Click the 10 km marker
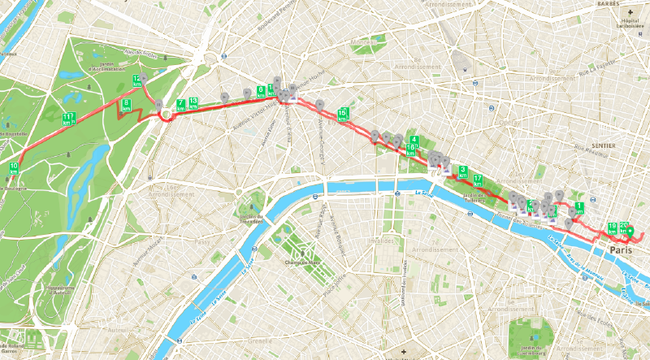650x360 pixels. click(14, 169)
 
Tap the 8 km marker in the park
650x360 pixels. click(127, 104)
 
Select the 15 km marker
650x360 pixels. click(343, 113)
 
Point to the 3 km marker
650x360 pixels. click(462, 172)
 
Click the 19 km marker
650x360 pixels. click(612, 228)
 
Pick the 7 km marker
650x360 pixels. click(180, 105)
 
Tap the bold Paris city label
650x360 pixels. click(622, 249)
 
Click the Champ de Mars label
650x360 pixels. click(300, 262)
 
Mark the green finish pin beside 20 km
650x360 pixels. click(630, 232)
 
